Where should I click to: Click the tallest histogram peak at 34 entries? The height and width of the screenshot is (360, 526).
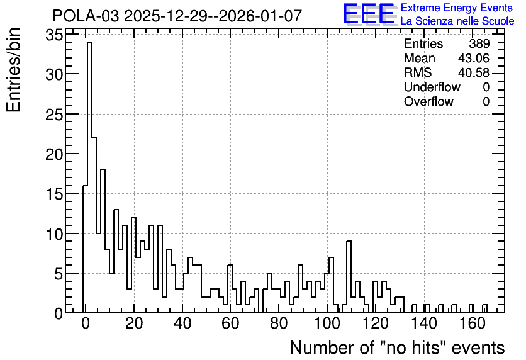(89, 43)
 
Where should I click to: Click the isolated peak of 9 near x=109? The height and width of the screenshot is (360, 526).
(349, 242)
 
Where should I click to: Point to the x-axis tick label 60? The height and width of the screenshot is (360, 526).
(230, 323)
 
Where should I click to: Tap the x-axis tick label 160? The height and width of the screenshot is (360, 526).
(473, 323)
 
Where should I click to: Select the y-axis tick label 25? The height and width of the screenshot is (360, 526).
(54, 115)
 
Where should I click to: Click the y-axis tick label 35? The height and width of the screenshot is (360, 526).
(54, 35)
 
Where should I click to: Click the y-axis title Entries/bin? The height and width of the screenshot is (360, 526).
(13, 70)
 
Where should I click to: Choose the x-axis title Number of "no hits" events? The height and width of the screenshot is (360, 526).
(397, 347)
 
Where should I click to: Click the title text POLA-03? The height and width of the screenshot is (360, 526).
(86, 16)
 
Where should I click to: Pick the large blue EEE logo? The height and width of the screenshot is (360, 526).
(369, 14)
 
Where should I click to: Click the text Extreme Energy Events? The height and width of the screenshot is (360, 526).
(457, 8)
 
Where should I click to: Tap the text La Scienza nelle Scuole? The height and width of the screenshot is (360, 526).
(457, 21)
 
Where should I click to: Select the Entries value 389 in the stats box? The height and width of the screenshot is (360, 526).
(479, 43)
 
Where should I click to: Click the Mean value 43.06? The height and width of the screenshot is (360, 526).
(474, 58)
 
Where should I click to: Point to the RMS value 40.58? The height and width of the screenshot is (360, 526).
(474, 72)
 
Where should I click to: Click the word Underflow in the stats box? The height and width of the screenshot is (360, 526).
(432, 87)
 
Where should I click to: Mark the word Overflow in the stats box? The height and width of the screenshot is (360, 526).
(428, 101)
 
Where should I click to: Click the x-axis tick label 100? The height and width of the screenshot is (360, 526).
(327, 323)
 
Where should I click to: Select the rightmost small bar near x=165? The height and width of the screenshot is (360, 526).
(484, 308)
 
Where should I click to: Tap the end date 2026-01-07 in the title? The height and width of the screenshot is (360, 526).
(260, 16)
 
